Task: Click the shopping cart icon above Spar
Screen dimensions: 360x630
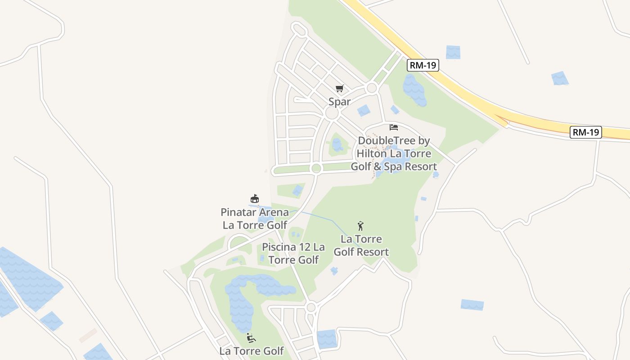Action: coord(339,89)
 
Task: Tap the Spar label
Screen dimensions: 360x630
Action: coord(339,102)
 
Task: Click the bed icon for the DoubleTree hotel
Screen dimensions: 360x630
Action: coord(394,127)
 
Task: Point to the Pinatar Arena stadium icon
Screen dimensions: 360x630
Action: coord(255,198)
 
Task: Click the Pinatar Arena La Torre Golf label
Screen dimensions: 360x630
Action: coord(255,218)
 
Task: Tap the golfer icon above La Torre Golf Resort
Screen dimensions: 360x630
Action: coord(360,225)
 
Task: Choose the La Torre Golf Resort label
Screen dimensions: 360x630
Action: coord(361,245)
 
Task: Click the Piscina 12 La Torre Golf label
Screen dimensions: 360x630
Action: coord(293,253)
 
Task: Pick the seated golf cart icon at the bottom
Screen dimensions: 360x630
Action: coord(251,337)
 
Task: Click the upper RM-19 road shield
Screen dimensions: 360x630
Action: coord(423,65)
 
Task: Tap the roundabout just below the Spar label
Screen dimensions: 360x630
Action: coord(332,113)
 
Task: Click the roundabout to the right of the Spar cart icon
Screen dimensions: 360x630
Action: coord(372,88)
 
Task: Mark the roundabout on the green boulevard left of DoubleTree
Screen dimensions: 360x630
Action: coord(316,168)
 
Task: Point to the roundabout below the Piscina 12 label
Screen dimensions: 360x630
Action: coord(311,308)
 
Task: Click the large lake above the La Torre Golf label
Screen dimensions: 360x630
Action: coord(243,297)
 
